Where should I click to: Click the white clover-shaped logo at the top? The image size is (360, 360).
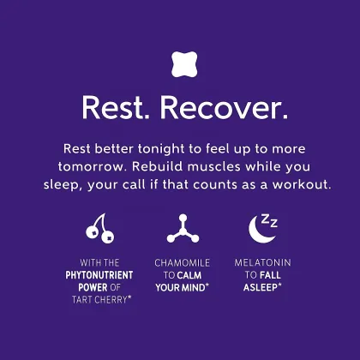pos(179,64)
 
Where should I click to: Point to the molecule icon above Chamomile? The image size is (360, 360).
pos(180,227)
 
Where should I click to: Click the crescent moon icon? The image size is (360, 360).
pos(258,230)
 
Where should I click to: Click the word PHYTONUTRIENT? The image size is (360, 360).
pos(99,275)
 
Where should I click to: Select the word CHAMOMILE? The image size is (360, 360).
pos(181,263)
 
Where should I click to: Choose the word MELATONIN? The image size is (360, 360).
pos(262,263)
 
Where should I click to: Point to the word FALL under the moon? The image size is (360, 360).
pos(271,275)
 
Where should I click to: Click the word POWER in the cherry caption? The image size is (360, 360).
pos(89,287)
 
